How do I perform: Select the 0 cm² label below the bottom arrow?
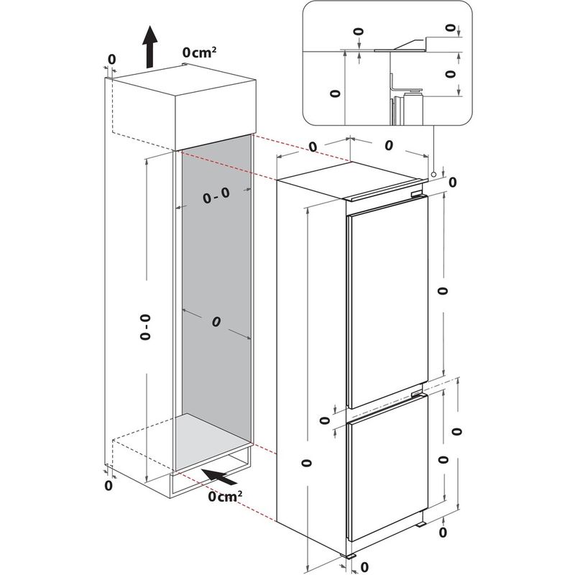click(x=224, y=496)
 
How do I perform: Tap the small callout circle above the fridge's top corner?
click(x=434, y=174)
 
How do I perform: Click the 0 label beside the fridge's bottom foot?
click(x=365, y=566)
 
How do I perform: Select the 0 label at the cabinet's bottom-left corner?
click(x=109, y=486)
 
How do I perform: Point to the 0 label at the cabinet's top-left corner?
click(x=111, y=58)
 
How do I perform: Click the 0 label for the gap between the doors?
click(x=324, y=421)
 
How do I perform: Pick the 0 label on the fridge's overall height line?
click(x=307, y=462)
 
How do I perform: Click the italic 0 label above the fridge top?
click(x=388, y=146)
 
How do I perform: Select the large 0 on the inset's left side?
click(x=333, y=93)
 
